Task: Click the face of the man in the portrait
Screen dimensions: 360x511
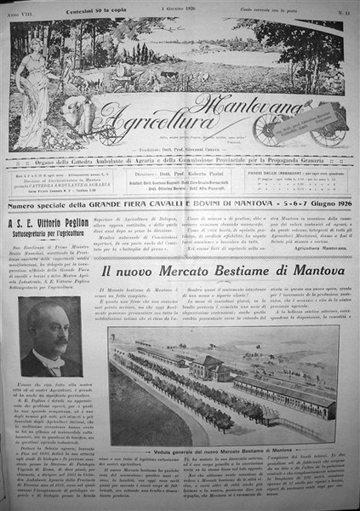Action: tap(50, 341)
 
